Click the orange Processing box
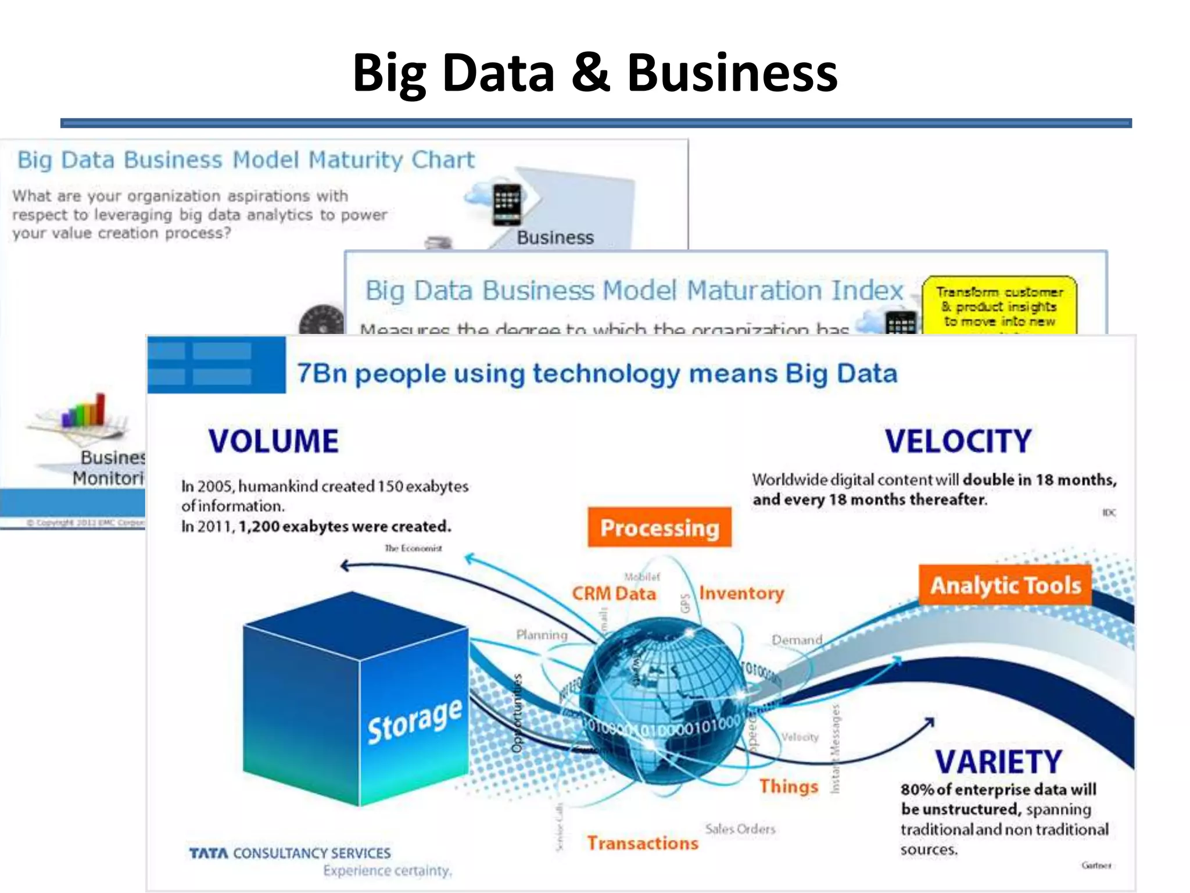[x=659, y=527]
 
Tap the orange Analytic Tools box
[x=1005, y=585]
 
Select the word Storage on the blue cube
[x=415, y=720]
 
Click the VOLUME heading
[x=273, y=441]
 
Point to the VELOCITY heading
[x=958, y=441]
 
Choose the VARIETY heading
[x=998, y=762]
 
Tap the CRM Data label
[x=614, y=594]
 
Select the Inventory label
[x=741, y=593]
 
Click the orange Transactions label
[x=642, y=843]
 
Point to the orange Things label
[x=788, y=786]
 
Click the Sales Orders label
[x=740, y=829]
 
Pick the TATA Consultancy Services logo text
[x=289, y=853]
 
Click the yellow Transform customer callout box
[x=999, y=306]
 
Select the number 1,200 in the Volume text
[x=259, y=526]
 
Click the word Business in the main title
[x=732, y=73]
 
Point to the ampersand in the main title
[x=590, y=73]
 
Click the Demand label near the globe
[x=797, y=640]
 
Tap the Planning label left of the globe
[x=542, y=635]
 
